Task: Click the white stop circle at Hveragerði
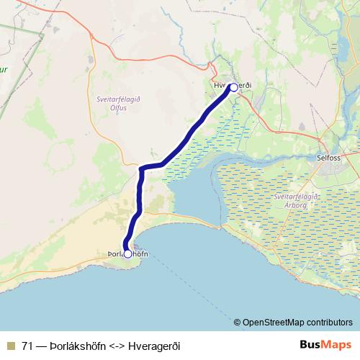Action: tap(233, 87)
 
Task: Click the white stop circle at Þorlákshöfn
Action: tap(127, 253)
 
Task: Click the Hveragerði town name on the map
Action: tap(232, 86)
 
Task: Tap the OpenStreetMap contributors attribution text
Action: tap(297, 322)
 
